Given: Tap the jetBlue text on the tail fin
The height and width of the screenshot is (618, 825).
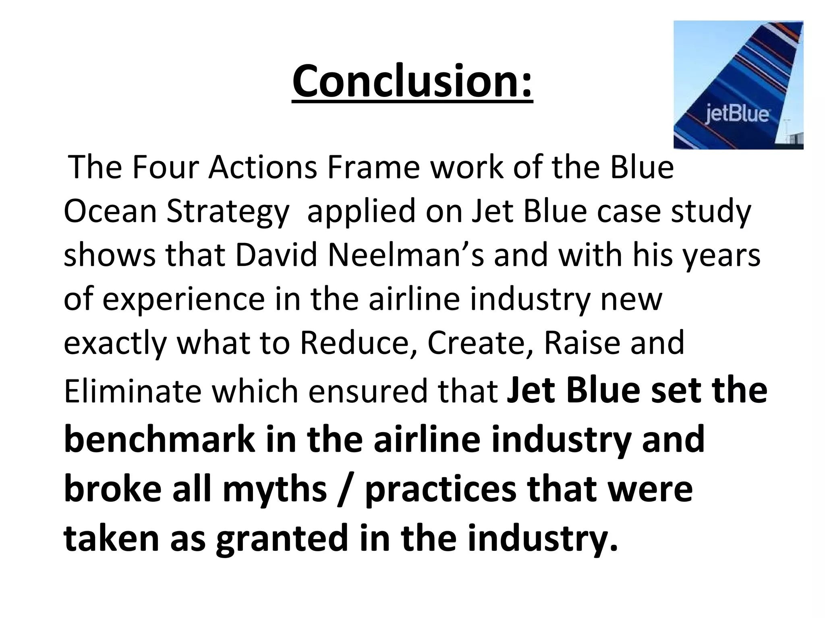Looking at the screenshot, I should point(737,114).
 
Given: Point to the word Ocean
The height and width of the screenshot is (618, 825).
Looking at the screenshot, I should point(110,212).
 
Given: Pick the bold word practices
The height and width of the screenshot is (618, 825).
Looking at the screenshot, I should point(440,490).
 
